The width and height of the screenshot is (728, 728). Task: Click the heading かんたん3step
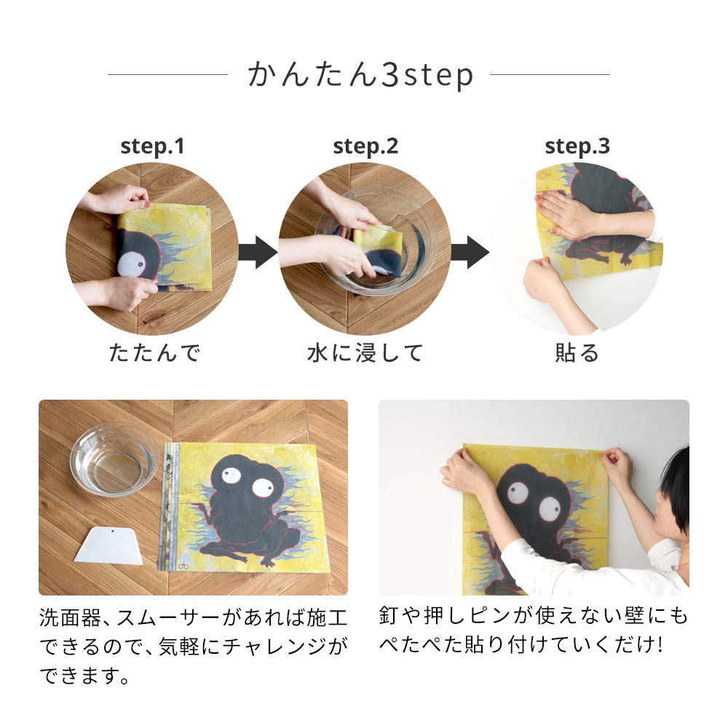click(x=361, y=75)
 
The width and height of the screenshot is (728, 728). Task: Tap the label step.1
click(x=152, y=146)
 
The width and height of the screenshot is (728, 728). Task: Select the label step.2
click(x=365, y=146)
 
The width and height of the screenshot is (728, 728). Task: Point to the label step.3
click(x=577, y=146)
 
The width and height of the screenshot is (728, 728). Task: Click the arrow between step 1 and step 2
click(x=258, y=252)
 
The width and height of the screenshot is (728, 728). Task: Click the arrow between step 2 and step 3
click(x=470, y=252)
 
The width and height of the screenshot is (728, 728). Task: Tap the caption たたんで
click(x=154, y=353)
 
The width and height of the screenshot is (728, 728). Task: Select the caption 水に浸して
click(x=365, y=353)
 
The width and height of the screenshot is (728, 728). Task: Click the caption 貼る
click(x=577, y=353)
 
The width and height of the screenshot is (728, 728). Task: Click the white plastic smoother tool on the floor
click(x=109, y=546)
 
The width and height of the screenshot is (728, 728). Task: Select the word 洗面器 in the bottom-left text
click(x=70, y=618)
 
